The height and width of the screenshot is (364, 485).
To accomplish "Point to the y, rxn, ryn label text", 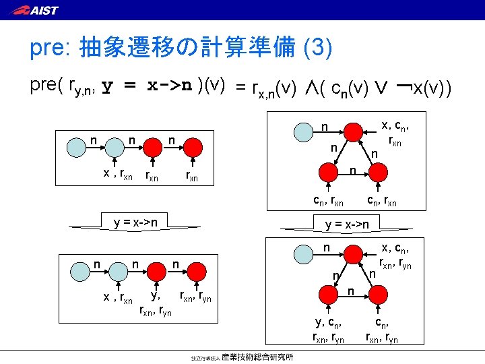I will coord(156,303).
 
